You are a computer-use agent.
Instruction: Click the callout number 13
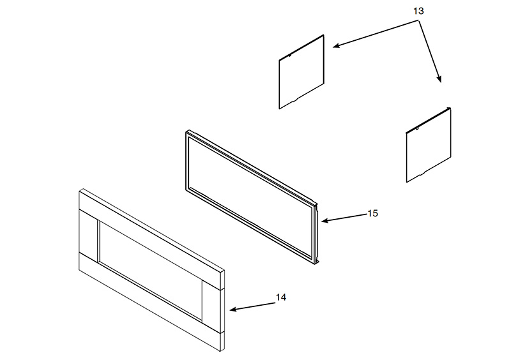(418, 11)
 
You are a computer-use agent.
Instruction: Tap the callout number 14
(281, 297)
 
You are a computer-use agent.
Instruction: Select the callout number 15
(373, 213)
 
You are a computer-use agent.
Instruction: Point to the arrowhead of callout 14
(233, 310)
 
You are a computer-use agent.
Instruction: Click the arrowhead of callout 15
(324, 221)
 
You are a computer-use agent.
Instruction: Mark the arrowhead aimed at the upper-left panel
(337, 45)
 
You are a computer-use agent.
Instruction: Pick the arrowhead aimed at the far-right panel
(439, 79)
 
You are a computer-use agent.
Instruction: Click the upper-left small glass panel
(301, 72)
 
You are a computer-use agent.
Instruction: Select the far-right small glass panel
(429, 145)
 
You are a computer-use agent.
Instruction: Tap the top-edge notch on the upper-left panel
(289, 56)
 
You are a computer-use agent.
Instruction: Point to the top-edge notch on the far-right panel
(417, 129)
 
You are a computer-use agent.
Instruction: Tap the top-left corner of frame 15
(187, 131)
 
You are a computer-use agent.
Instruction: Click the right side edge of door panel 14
(222, 310)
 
